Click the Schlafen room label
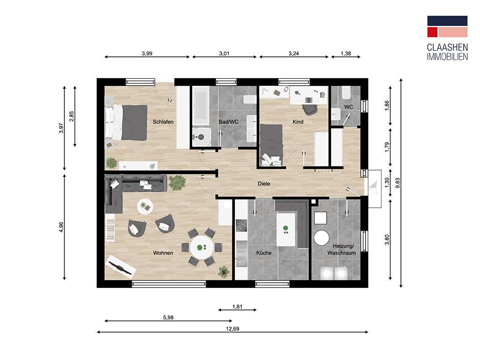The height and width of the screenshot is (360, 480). point(163,122)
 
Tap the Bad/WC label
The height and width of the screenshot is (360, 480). point(229,122)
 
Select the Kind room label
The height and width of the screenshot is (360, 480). point(298,122)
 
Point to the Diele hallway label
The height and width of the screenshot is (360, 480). point(263,184)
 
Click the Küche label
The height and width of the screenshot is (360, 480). point(263,253)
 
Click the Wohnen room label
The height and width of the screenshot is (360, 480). point(163,253)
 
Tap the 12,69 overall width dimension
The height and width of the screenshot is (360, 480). point(232,329)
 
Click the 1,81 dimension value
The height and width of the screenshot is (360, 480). point(237,307)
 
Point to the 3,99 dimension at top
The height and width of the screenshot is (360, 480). point(147,54)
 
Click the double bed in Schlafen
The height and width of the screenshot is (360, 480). point(127,122)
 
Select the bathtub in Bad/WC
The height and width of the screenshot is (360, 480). point(200,105)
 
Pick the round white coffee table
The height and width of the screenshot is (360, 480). point(145,206)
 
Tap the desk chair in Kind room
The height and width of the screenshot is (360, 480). point(309,108)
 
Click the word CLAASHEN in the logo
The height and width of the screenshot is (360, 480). point(447,48)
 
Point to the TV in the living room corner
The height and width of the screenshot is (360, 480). point(121,268)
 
